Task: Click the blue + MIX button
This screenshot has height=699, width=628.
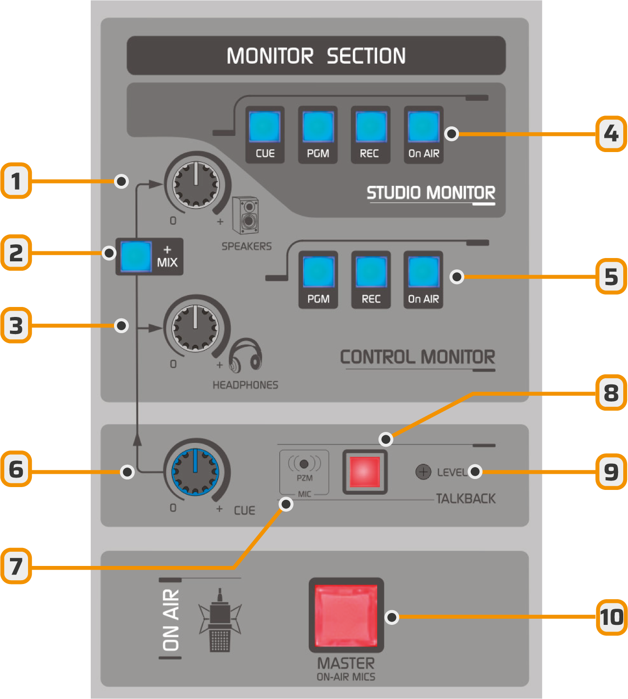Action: click(x=136, y=256)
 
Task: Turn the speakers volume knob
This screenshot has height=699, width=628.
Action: click(x=196, y=183)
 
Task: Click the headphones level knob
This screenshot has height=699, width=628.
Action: click(x=195, y=327)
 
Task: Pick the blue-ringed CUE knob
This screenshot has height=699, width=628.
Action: click(x=195, y=471)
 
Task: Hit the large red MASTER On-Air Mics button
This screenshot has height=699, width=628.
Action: click(x=346, y=615)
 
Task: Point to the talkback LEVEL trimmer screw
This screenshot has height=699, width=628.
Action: click(x=423, y=472)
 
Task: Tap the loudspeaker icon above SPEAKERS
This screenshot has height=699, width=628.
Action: click(x=246, y=216)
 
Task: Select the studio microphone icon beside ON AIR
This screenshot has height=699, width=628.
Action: click(x=219, y=620)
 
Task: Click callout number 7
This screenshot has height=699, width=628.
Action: click(x=16, y=566)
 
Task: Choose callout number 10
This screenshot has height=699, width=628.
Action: click(x=611, y=617)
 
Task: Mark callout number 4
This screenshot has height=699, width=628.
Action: click(x=611, y=134)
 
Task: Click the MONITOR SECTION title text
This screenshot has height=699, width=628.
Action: click(x=316, y=56)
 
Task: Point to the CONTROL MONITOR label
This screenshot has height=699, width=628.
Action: click(x=417, y=357)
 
